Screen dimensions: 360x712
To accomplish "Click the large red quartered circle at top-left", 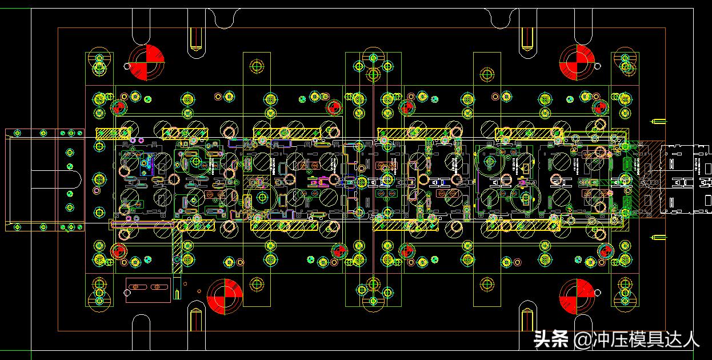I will [146, 62].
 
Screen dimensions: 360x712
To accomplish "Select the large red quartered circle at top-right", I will [577, 62].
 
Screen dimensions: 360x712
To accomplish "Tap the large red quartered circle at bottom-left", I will [225, 297].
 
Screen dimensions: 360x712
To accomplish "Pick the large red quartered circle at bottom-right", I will [577, 297].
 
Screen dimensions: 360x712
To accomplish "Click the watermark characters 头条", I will [551, 340].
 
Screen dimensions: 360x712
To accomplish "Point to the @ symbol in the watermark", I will [582, 341].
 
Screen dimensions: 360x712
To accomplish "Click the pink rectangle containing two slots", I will [148, 290].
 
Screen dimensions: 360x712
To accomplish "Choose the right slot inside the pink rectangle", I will [157, 287].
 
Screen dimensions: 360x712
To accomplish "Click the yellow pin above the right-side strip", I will [659, 121].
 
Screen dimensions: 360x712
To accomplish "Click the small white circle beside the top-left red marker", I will [126, 66].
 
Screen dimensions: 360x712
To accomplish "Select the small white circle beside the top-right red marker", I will [598, 66].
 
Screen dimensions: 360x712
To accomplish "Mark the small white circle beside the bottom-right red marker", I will [598, 293].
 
